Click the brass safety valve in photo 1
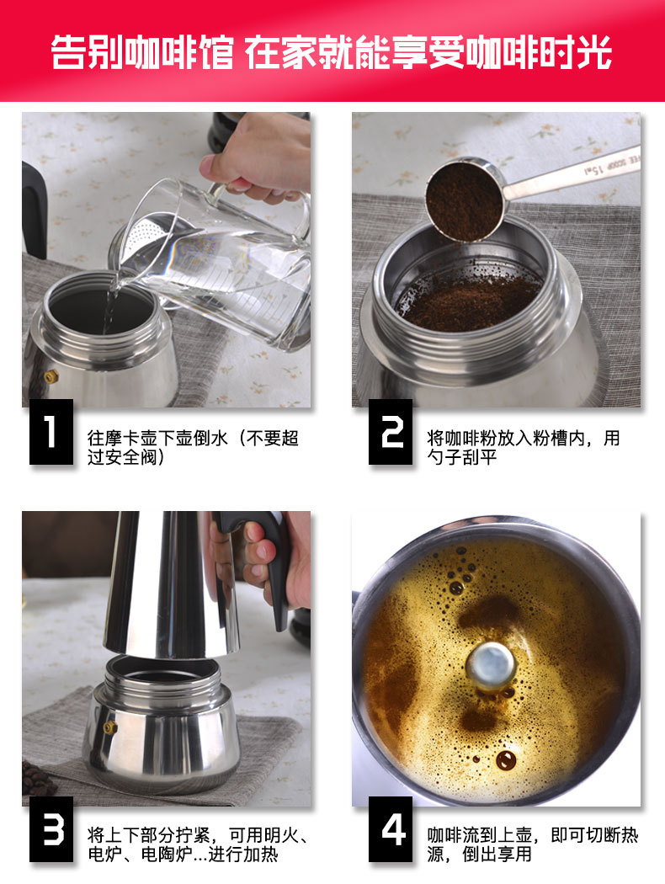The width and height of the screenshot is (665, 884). click(x=51, y=376)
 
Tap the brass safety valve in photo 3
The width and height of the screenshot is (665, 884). click(x=109, y=727)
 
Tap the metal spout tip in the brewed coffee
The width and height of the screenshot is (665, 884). click(x=491, y=665)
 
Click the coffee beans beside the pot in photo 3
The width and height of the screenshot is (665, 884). click(x=38, y=779)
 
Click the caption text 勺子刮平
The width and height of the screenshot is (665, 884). click(x=464, y=459)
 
